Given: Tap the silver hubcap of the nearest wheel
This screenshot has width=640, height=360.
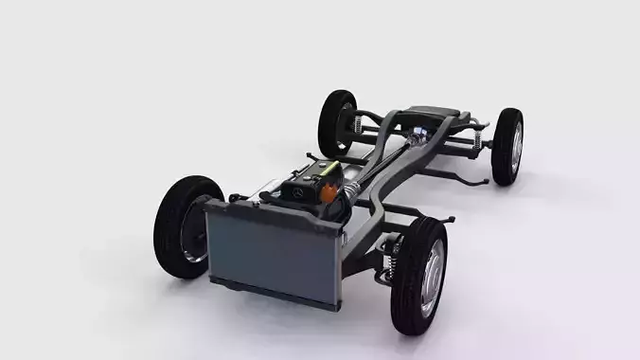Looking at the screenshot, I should tap(430, 276).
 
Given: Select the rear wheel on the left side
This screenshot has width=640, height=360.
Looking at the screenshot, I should tap(337, 122).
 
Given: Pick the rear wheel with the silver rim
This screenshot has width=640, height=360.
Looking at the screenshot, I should tap(507, 146).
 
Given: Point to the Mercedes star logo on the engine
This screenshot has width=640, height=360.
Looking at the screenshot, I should tap(296, 192).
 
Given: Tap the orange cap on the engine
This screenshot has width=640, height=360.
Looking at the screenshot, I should tap(329, 193).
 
